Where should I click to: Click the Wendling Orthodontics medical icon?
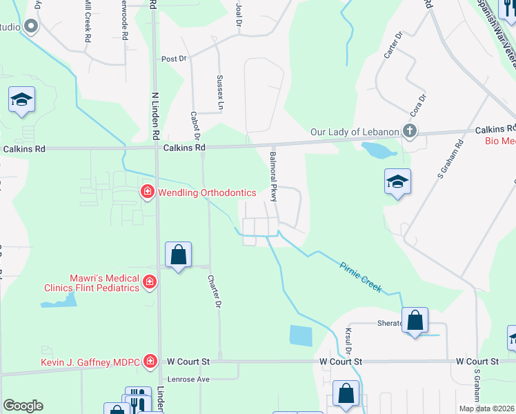tap(146, 193)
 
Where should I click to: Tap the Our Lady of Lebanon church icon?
tap(410, 131)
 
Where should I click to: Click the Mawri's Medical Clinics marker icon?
tap(150, 281)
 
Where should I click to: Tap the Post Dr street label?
tap(173, 59)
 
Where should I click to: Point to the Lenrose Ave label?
tap(189, 379)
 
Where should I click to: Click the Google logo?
tap(23, 406)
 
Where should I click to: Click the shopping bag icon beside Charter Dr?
tap(179, 255)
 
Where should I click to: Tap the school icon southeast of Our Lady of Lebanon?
tap(397, 182)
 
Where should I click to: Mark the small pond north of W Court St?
tap(301, 336)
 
